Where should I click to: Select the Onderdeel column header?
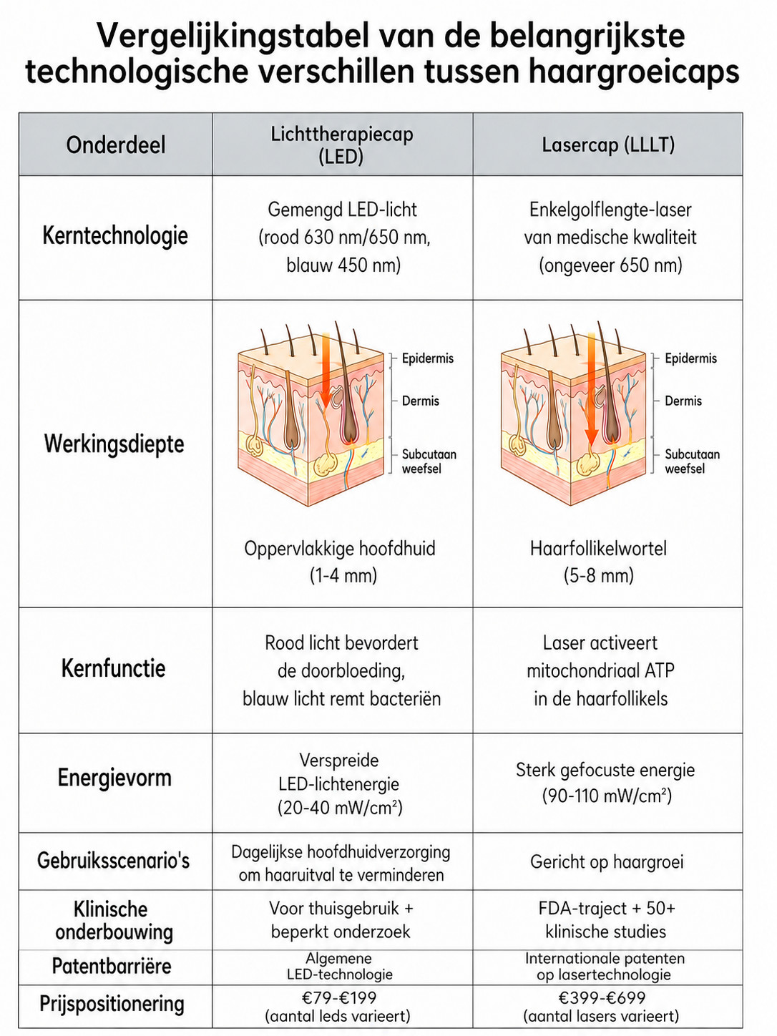(116, 145)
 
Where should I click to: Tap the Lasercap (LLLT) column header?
(608, 145)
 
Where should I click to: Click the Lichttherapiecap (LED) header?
(342, 145)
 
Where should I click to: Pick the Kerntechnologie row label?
(115, 235)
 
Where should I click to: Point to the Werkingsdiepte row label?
(114, 444)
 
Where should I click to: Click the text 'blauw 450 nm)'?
(343, 265)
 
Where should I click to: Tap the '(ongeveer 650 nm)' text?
(610, 265)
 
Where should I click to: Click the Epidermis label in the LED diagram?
(427, 358)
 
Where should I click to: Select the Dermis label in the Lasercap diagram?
(683, 401)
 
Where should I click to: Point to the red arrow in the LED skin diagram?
(325, 371)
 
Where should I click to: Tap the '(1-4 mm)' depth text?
(343, 576)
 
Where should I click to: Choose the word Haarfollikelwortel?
(598, 549)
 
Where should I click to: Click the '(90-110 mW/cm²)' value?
(607, 796)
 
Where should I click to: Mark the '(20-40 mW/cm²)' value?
(340, 808)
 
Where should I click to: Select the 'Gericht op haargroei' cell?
(607, 862)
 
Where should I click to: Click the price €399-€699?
(602, 998)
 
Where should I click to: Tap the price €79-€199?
(339, 998)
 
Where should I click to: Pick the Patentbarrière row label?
(112, 966)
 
